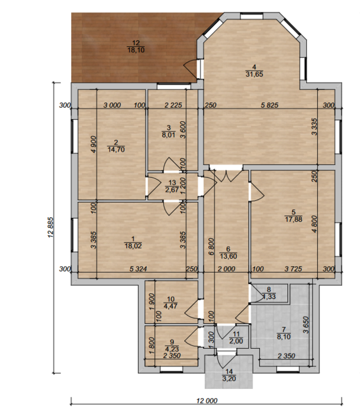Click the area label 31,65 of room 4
coord(254,75)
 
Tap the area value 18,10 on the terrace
coord(136,50)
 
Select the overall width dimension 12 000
coord(207,401)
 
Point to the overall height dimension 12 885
coord(51,227)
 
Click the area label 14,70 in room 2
coord(116,150)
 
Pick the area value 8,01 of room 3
coord(168,135)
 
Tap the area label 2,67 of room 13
coord(172,189)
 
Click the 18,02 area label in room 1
coord(133,246)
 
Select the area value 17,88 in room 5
coord(294,219)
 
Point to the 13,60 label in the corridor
coord(229,256)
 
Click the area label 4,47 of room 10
coord(171,306)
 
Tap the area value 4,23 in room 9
coord(172,349)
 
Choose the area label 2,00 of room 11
coord(236,341)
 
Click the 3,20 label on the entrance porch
coord(229,379)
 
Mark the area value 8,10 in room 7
coord(284,337)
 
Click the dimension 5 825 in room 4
coord(269,105)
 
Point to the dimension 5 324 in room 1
coord(138,269)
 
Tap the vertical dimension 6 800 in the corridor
coord(211,247)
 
